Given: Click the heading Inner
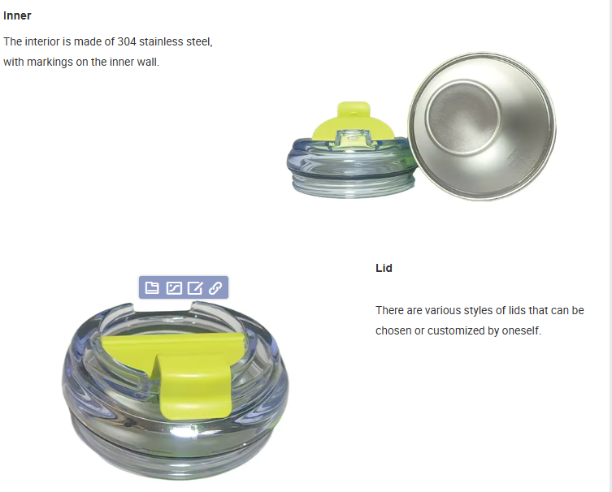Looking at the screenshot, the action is click(17, 15).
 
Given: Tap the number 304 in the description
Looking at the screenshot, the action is click(127, 41).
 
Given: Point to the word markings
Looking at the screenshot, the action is click(50, 62).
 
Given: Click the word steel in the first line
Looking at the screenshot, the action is click(199, 41).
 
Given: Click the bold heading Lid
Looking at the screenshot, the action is click(384, 268).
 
